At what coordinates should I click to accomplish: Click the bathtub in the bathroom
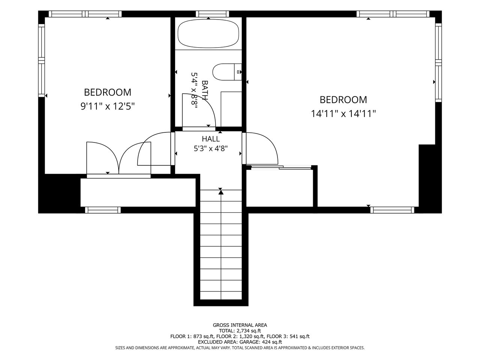tap(208, 33)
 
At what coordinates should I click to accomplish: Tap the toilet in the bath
tap(227, 72)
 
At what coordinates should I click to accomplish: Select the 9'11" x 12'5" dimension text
tap(107, 106)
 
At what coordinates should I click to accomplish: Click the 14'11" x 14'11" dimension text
tap(343, 114)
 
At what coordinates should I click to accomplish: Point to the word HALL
tap(211, 139)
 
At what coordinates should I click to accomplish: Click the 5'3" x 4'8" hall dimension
tap(211, 148)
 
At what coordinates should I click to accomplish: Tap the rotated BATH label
tap(205, 90)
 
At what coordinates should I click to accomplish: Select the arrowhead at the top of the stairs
tap(221, 192)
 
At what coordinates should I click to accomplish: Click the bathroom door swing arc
tap(208, 103)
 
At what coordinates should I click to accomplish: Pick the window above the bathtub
tap(212, 14)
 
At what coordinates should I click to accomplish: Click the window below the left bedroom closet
tap(103, 210)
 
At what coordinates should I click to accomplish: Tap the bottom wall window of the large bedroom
tap(392, 210)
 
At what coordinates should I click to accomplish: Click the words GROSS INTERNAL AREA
tap(240, 325)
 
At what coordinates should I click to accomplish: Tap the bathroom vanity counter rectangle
tap(231, 109)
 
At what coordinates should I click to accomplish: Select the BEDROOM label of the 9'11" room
tap(107, 92)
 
